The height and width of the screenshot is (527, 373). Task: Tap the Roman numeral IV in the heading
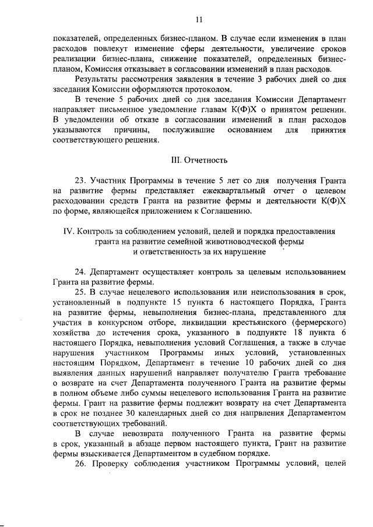pyautogui.click(x=68, y=231)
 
